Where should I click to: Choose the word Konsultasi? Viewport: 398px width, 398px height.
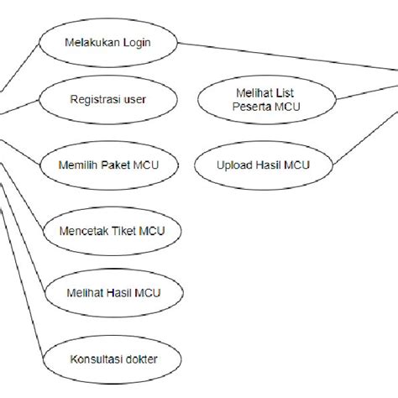pyautogui.click(x=107, y=360)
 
